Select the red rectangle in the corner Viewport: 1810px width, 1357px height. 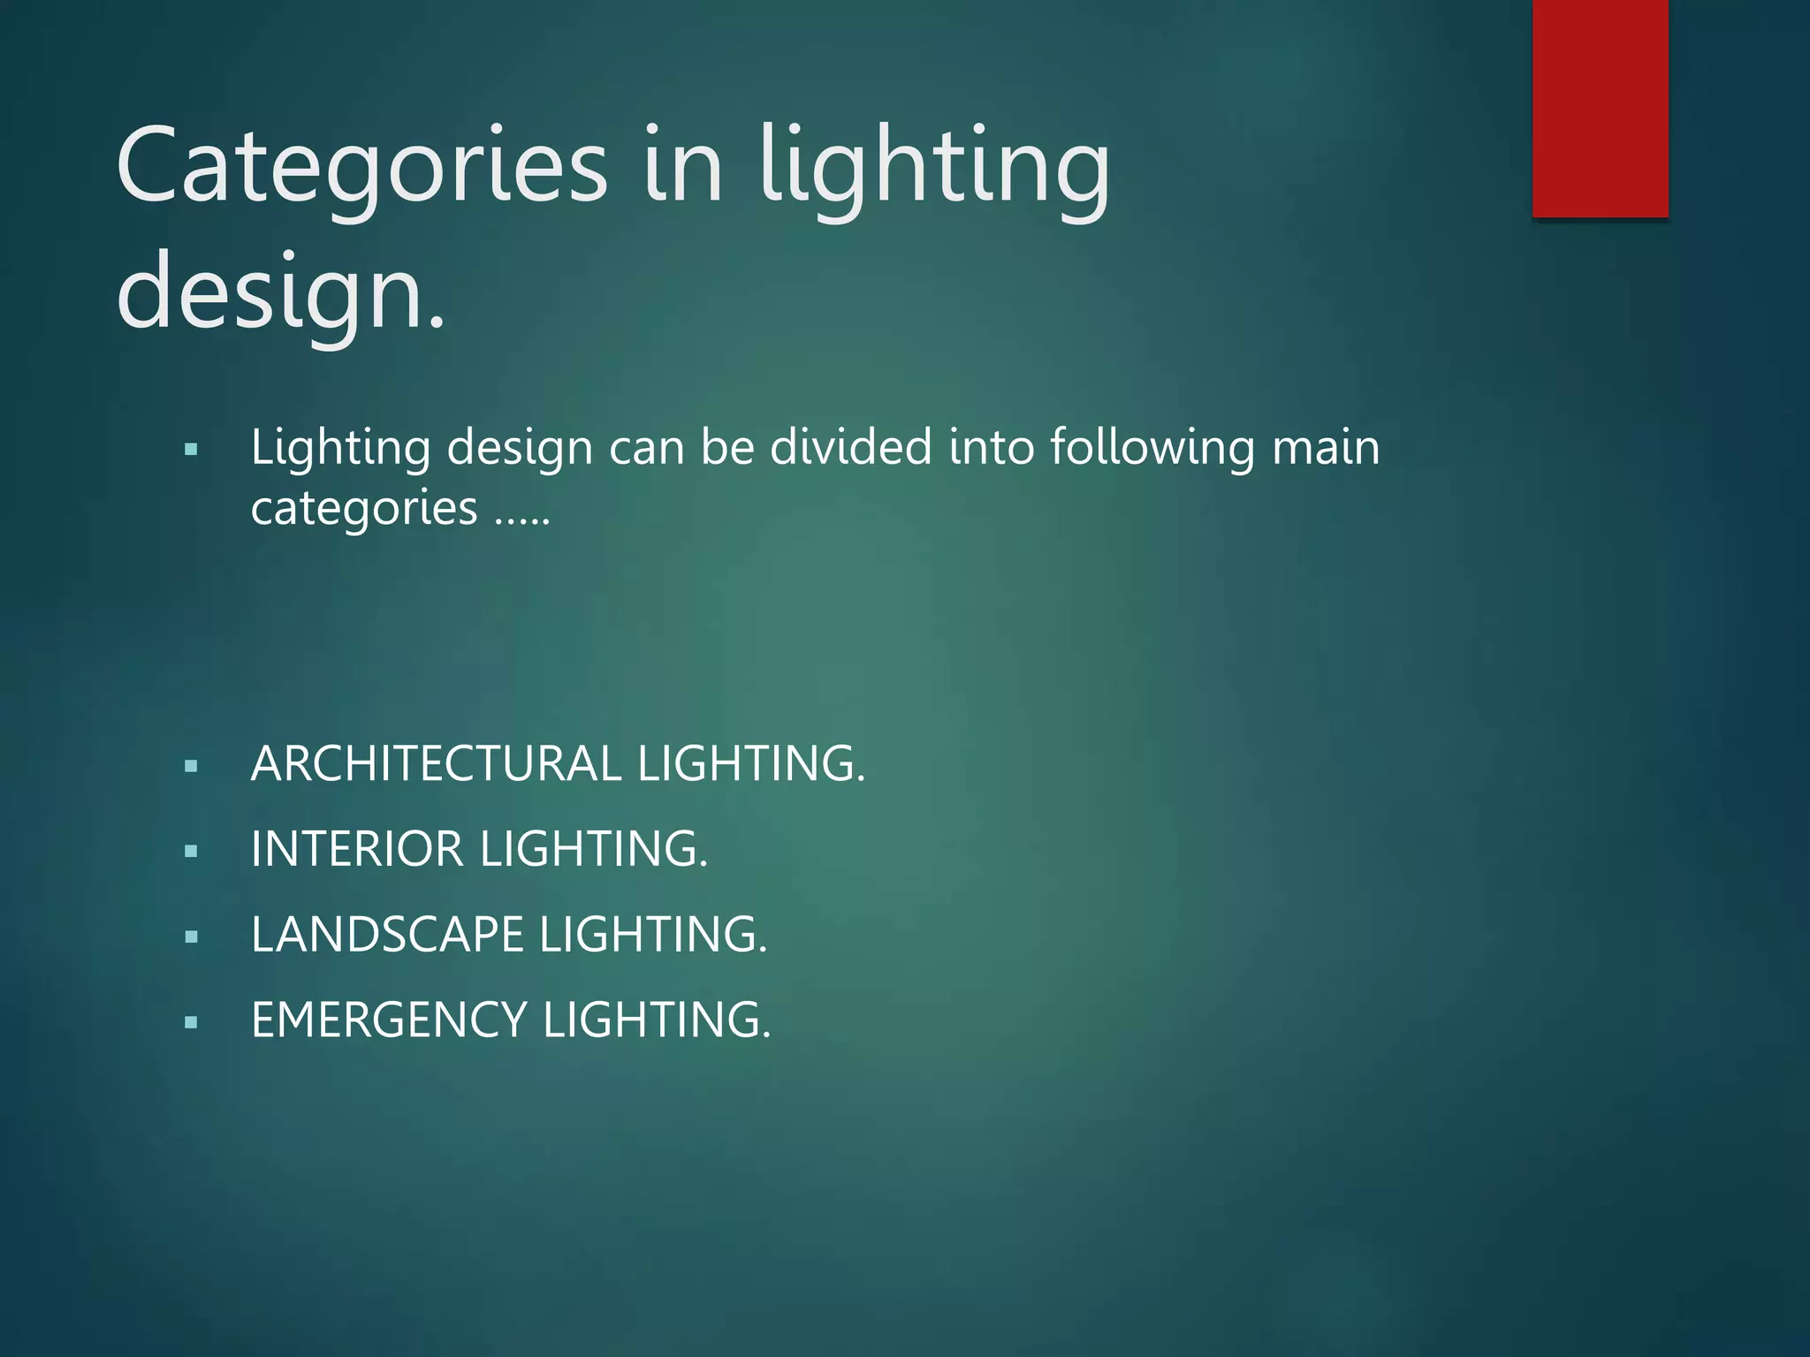1600,108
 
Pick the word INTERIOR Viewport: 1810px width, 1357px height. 357,850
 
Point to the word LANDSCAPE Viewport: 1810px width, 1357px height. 387,935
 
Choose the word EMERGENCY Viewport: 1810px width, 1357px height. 389,1020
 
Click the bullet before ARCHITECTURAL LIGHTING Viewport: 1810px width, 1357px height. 191,766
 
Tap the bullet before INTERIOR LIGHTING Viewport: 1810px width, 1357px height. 191,852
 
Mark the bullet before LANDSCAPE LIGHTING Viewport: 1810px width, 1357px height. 191,936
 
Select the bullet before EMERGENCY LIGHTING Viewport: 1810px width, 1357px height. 191,1022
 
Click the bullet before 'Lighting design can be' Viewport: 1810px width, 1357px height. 191,450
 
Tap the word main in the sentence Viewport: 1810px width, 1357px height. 1326,447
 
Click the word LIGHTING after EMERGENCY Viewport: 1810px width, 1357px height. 657,1020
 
